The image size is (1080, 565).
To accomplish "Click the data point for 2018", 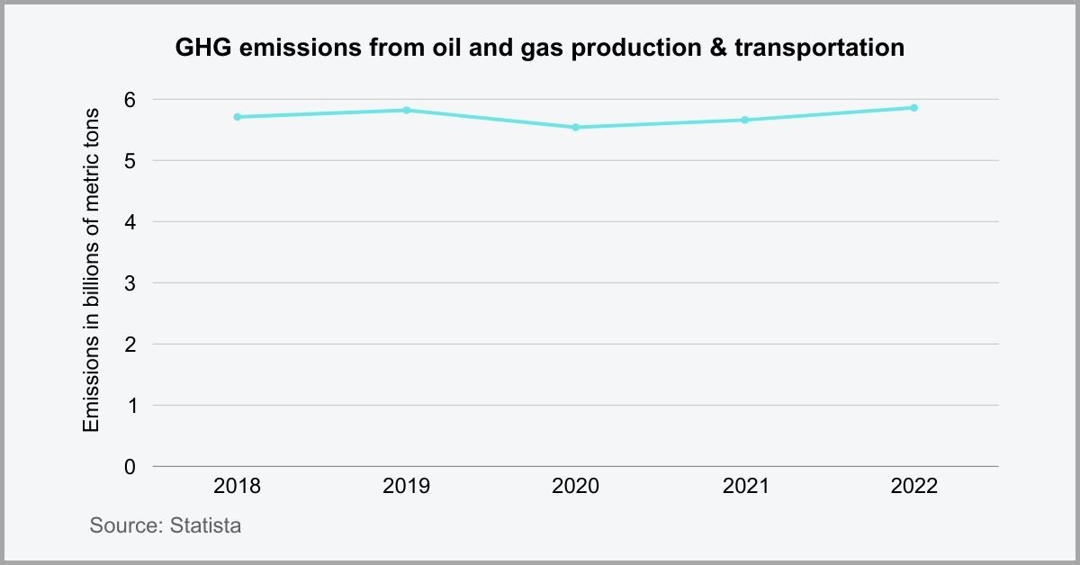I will [237, 117].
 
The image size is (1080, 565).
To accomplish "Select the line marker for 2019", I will [406, 110].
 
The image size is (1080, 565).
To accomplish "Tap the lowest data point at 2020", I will [575, 127].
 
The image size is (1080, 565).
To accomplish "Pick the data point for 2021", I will [744, 120].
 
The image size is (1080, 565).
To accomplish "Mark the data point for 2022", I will [913, 107].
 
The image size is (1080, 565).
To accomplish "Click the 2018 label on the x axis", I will [237, 487].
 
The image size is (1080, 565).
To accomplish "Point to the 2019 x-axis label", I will [406, 487].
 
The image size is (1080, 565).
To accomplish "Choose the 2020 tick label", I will [575, 487].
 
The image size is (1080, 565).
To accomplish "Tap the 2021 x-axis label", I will [744, 487].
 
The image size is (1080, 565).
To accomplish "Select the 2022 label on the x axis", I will [913, 487].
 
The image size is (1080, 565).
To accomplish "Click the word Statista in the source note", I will [205, 526].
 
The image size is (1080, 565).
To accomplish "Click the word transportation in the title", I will [819, 49].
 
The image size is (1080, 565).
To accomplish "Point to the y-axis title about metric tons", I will [91, 268].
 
